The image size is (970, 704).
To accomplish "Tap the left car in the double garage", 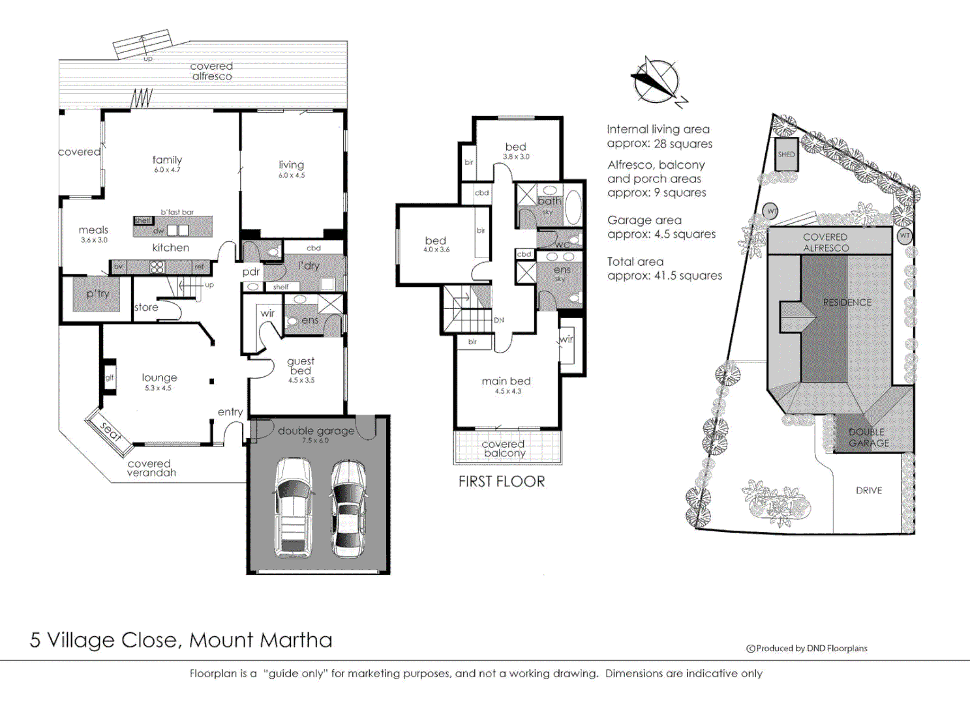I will click(293, 508).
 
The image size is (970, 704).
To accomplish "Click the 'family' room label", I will click(167, 160).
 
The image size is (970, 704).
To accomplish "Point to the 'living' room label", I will click(291, 165).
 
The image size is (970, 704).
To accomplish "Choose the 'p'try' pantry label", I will click(98, 293).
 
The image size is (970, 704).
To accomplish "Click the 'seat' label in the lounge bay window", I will click(110, 431).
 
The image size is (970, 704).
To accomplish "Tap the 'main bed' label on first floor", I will click(506, 381).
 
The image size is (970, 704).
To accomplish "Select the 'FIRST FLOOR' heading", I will click(501, 482).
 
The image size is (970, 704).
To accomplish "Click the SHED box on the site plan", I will click(786, 154).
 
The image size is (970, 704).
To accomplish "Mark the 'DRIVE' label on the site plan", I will click(868, 490).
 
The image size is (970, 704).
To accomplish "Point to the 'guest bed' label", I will click(301, 366).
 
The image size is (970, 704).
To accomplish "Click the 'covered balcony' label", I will click(504, 448).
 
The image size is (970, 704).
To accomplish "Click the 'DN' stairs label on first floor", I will click(499, 320).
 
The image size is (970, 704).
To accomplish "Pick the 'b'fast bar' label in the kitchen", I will click(177, 212).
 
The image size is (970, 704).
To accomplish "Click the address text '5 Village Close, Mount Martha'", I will click(181, 639).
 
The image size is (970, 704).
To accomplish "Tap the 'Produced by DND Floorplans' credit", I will click(807, 648).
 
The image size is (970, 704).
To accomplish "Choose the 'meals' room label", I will click(93, 230).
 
